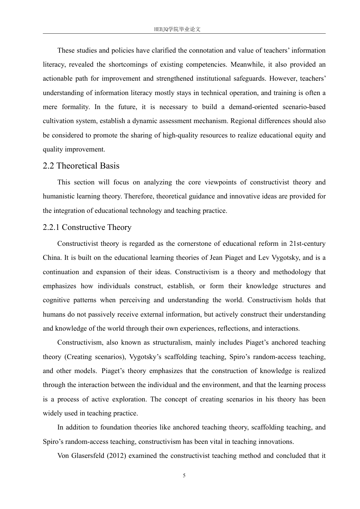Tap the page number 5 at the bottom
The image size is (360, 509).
tap(184, 476)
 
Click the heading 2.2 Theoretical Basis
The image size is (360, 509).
tap(81, 166)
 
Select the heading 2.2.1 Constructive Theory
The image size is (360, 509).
tap(87, 227)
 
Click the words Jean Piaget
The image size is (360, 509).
tap(226, 258)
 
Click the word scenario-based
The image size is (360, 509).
tap(304, 107)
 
